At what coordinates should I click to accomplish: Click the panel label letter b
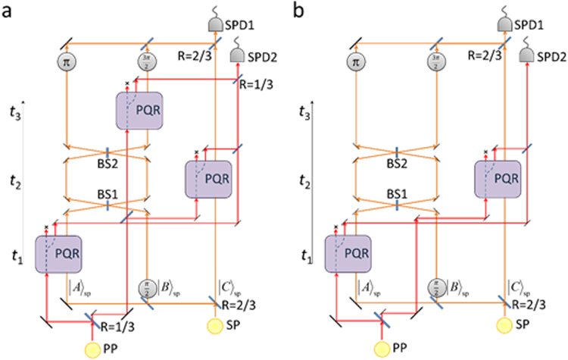(x=296, y=11)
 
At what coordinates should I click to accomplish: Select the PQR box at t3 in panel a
(x=142, y=110)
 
